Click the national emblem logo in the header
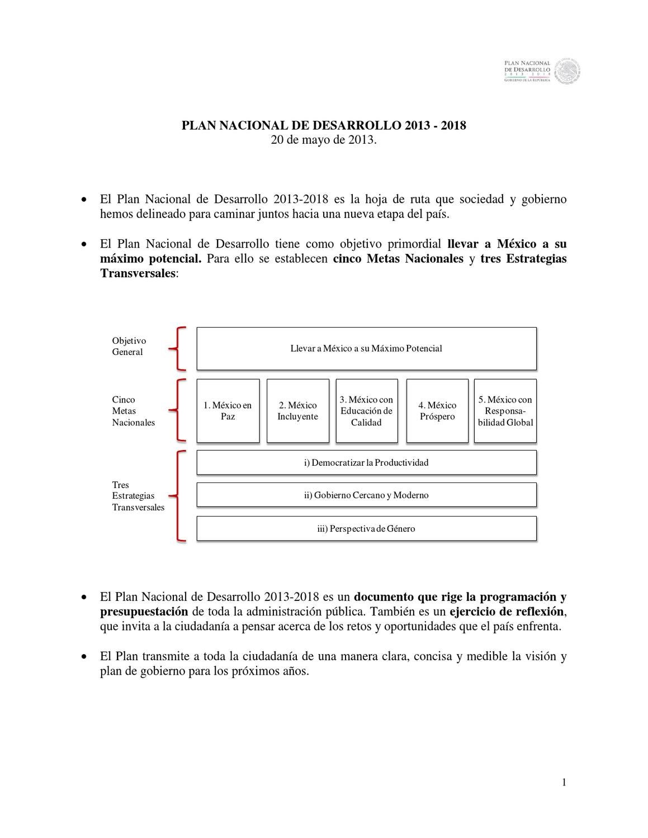[568, 72]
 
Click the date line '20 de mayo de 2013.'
[324, 140]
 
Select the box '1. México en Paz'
[228, 411]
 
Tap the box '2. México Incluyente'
[298, 411]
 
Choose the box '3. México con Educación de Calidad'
[367, 411]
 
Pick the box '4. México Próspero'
[437, 411]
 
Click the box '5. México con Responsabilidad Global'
[505, 411]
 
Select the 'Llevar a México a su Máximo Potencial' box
[366, 348]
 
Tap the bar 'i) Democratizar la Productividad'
[366, 462]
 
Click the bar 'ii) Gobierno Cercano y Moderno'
[366, 495]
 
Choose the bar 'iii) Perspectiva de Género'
[366, 528]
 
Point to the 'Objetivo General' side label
[129, 347]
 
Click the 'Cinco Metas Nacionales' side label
[133, 411]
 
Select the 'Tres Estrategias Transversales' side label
[138, 496]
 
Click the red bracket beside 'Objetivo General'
[178, 349]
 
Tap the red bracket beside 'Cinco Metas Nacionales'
[178, 410]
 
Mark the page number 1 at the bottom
[564, 782]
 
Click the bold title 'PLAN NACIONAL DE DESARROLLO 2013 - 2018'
[324, 125]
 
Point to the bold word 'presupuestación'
[144, 612]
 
